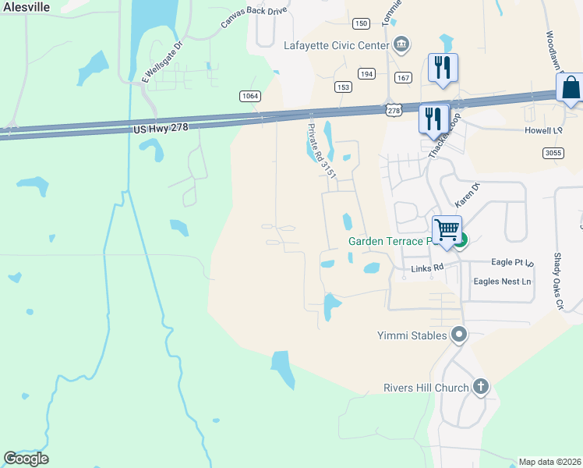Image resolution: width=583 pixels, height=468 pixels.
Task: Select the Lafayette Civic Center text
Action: point(336,45)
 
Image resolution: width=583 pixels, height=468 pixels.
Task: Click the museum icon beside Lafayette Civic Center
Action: point(401,44)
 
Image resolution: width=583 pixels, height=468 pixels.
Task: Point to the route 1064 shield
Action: point(249,95)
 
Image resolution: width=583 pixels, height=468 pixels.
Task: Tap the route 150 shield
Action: point(360,23)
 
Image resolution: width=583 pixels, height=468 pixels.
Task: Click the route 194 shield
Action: point(366,73)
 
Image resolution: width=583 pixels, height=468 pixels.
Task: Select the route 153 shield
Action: point(343,87)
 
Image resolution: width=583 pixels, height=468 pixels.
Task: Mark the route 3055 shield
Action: point(553,153)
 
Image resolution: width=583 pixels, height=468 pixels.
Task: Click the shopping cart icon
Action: point(447,231)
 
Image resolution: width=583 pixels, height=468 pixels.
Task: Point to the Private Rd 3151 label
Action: point(322,152)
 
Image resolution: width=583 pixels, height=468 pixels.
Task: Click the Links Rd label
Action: point(427,267)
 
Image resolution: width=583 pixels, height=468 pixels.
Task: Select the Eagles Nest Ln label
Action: point(506,281)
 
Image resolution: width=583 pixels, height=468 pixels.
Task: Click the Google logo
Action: point(26,459)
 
